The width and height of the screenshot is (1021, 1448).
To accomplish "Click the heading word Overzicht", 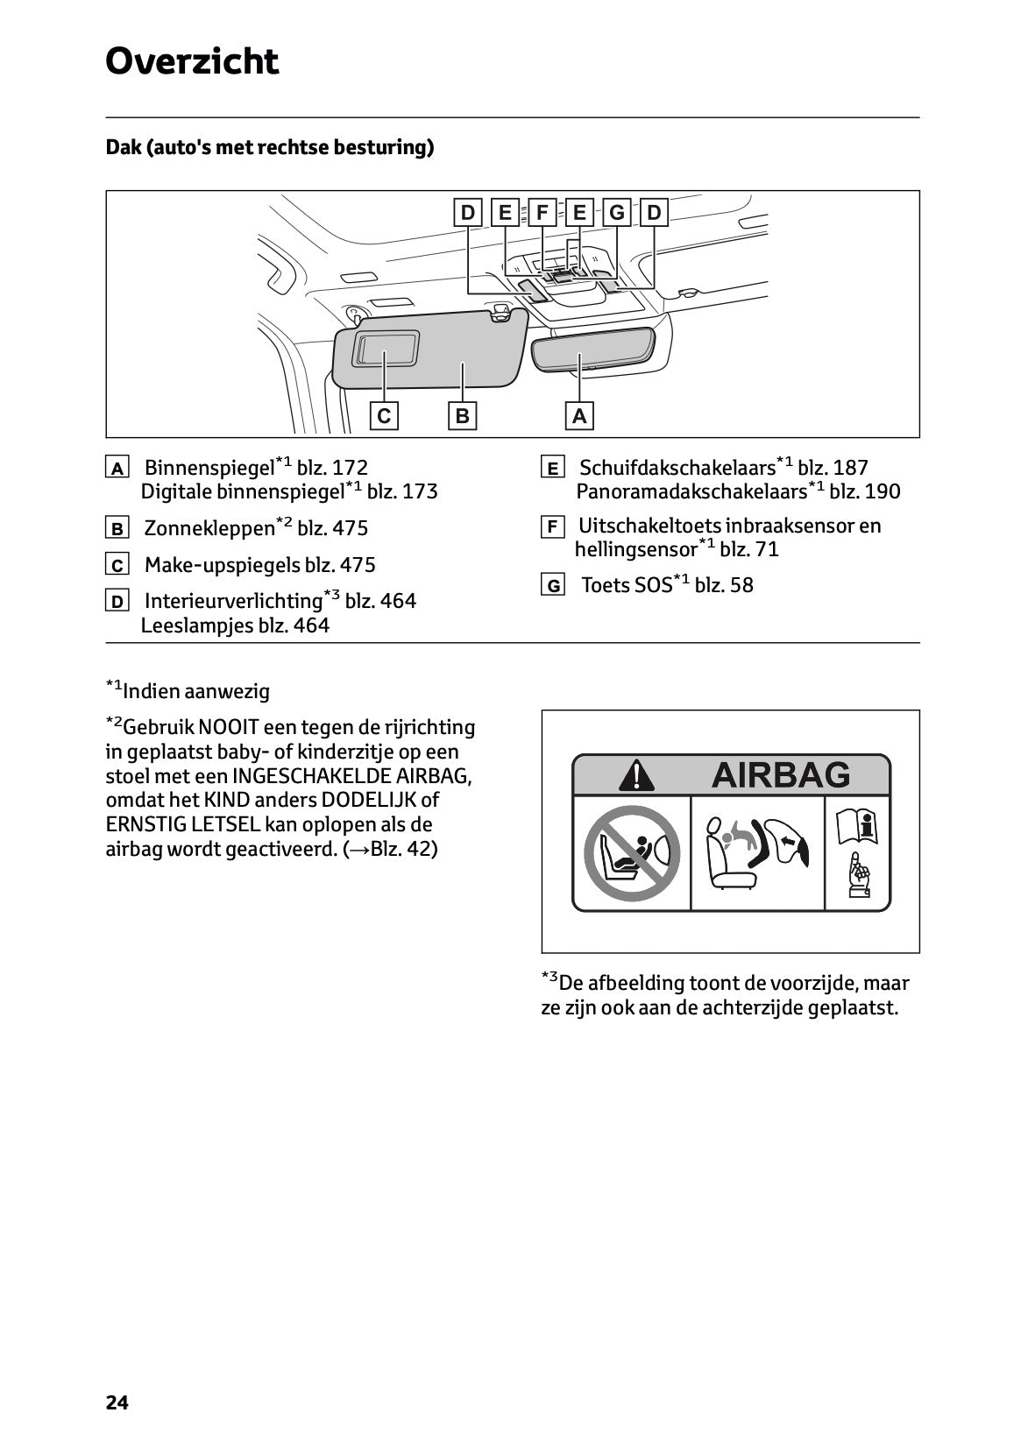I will [192, 62].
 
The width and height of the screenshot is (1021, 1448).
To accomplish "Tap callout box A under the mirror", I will [578, 415].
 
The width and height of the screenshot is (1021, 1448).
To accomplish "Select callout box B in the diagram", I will [462, 415].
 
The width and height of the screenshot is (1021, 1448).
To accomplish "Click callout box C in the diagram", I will [384, 415].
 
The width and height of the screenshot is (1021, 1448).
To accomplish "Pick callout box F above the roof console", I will [542, 212].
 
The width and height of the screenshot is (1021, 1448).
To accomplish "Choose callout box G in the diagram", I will [617, 212].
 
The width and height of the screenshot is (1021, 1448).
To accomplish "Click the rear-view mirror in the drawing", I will [593, 348].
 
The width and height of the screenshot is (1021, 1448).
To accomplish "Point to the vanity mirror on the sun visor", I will [386, 348].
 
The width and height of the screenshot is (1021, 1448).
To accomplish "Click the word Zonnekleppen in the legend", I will [209, 528].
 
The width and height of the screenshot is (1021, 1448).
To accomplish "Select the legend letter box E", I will [552, 468].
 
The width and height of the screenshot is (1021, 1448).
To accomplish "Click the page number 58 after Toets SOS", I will [741, 585].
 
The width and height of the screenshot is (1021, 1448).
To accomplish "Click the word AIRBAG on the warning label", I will [780, 774].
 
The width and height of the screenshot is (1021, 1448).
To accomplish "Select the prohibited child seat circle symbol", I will [632, 853].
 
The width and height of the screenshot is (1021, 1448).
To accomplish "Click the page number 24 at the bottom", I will [117, 1402].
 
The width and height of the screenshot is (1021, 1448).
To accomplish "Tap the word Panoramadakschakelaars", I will [691, 491].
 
